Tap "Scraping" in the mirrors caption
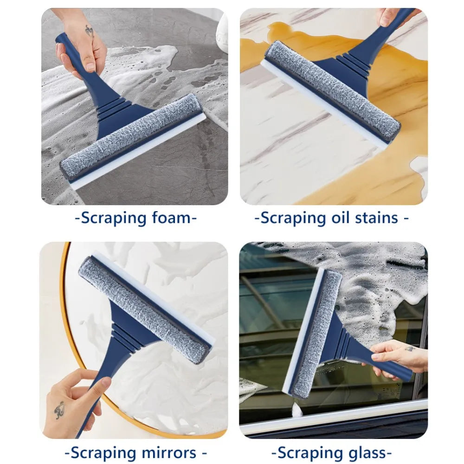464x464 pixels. [x=102, y=452]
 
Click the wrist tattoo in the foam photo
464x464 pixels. [x=89, y=32]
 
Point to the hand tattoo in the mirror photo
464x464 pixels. [x=59, y=409]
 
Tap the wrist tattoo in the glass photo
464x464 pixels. [x=410, y=348]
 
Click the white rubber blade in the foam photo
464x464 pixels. [x=139, y=154]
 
